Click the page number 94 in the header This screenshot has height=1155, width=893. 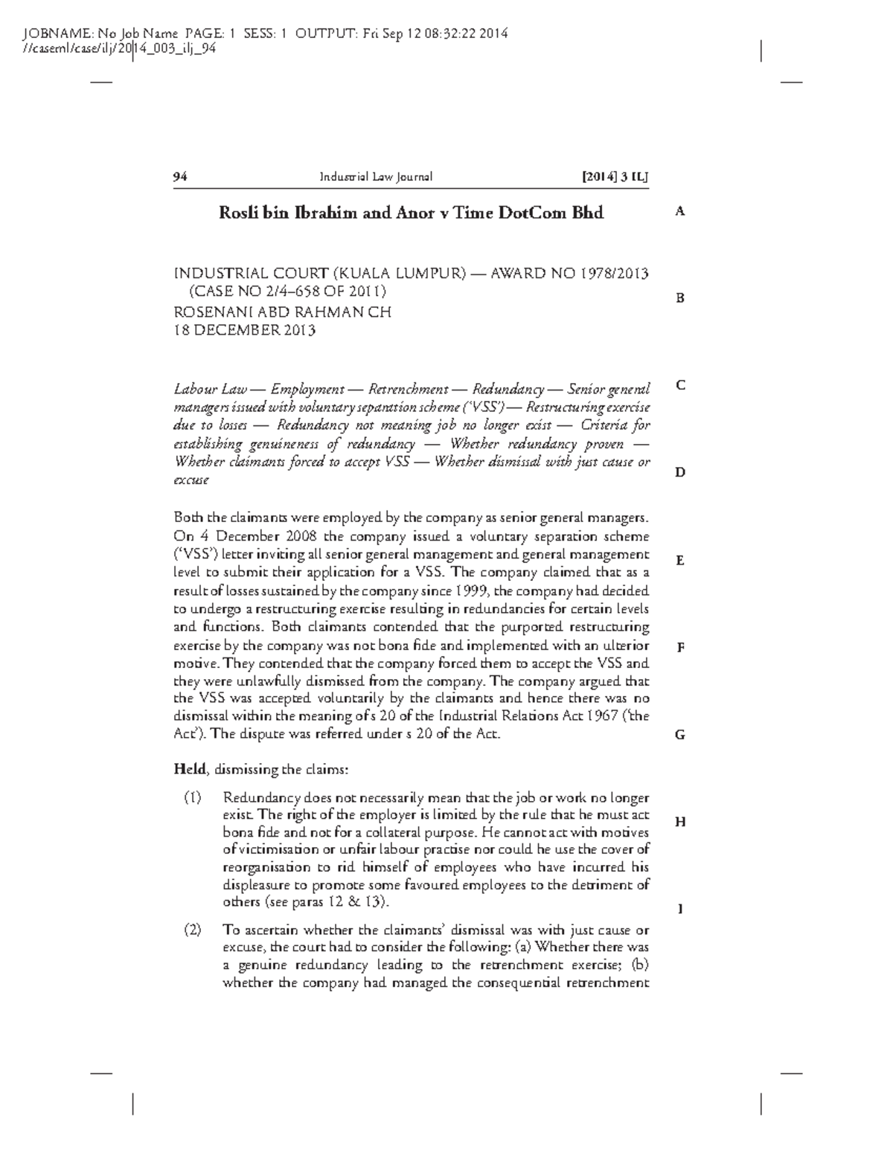pos(180,177)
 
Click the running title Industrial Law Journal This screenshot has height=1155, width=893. pos(376,177)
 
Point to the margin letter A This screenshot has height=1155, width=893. pos(679,211)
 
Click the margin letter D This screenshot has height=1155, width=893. pos(679,472)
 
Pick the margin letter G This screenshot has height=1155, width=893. pos(679,735)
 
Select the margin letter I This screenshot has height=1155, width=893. pos(679,909)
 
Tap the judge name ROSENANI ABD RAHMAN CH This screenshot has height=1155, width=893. pos(282,312)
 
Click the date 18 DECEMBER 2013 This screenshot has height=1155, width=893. pos(244,331)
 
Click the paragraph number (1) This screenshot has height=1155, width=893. pos(193,798)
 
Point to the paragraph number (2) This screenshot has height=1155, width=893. pos(193,930)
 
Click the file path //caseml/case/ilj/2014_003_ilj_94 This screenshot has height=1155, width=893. pos(119,49)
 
